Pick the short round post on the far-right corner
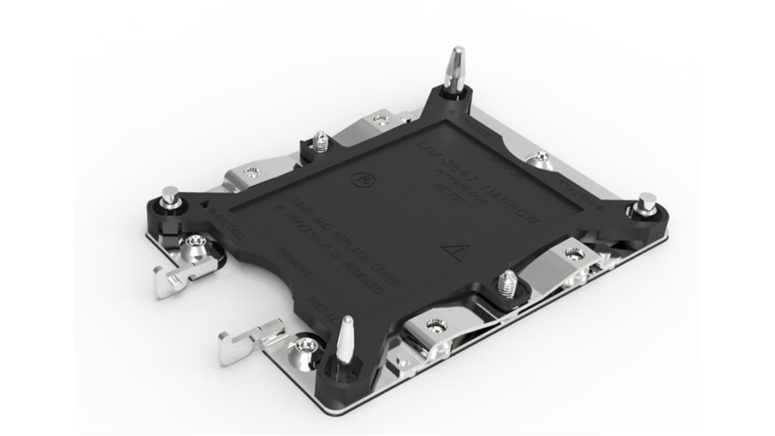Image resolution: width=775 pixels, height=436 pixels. click(x=647, y=204)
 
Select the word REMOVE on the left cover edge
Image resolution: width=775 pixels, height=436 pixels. click(x=295, y=264)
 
